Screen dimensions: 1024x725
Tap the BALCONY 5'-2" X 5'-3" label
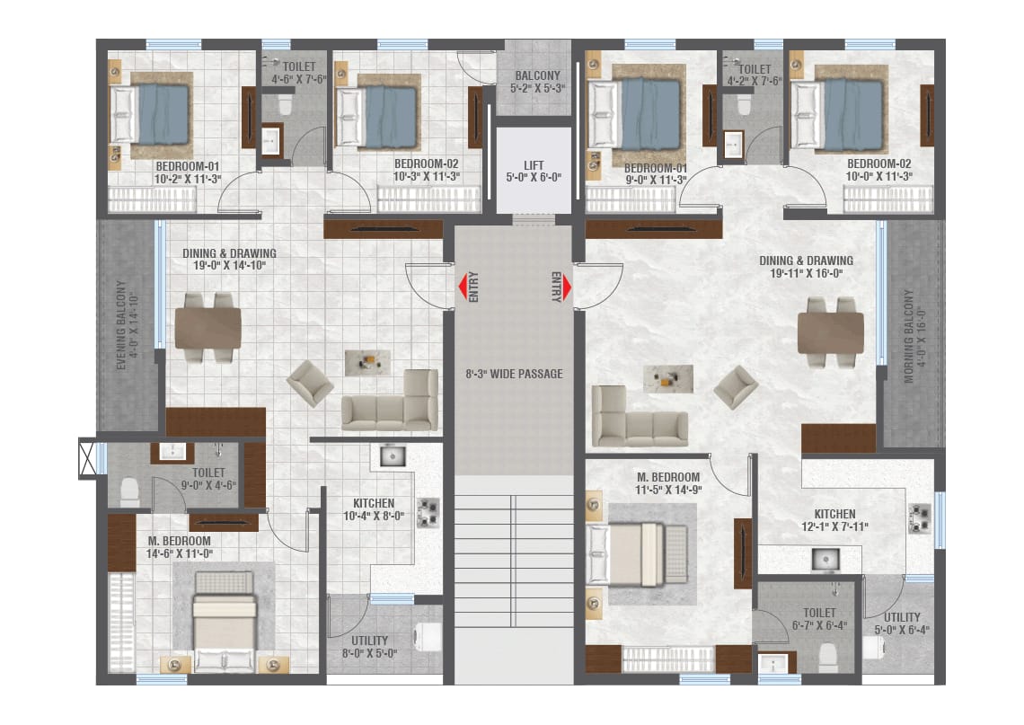pos(537,82)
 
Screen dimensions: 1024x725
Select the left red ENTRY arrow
pos(463,287)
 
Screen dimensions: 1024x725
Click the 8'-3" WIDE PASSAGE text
pos(514,374)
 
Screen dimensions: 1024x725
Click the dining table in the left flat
pos(207,327)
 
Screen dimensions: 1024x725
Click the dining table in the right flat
pos(830,333)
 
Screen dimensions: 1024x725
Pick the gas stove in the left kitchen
pos(428,513)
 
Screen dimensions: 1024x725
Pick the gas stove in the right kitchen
pos(920,518)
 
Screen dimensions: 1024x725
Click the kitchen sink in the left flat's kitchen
pos(392,455)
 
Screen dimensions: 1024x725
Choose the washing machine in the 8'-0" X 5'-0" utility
pos(428,638)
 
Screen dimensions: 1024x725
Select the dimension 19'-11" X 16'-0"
pos(807,273)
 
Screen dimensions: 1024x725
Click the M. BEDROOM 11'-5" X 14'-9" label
pos(668,483)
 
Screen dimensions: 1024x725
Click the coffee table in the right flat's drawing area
pos(668,379)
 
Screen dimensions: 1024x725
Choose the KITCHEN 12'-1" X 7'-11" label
pos(834,520)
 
